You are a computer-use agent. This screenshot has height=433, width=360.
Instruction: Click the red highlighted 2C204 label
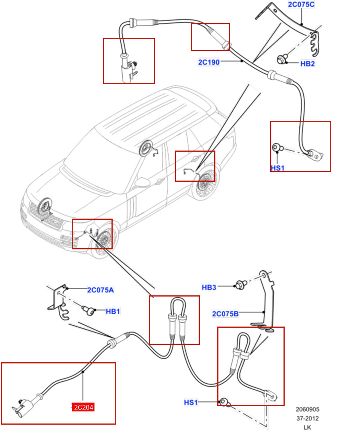click(x=83, y=408)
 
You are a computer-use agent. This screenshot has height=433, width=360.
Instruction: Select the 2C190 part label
click(x=209, y=62)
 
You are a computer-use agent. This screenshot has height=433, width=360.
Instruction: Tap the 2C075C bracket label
click(x=301, y=5)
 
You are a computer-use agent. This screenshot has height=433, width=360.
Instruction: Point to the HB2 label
click(x=307, y=64)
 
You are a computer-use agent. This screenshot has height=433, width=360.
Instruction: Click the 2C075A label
click(x=100, y=290)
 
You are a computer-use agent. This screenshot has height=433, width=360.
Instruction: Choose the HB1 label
click(x=113, y=311)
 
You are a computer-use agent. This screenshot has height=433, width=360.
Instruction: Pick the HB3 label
click(x=209, y=287)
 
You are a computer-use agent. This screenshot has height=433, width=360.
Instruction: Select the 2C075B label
click(x=225, y=314)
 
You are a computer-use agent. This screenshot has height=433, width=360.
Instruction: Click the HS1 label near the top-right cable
click(x=277, y=168)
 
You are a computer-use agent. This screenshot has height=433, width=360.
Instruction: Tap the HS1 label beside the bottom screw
click(x=191, y=402)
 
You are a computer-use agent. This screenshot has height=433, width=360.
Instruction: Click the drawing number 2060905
click(x=307, y=409)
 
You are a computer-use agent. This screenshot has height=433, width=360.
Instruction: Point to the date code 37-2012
click(x=307, y=419)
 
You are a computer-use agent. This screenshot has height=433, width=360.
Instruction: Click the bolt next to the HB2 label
click(x=282, y=59)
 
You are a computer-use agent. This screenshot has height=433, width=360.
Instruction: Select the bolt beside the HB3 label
click(x=240, y=284)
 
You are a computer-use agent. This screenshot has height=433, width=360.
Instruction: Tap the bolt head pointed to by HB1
click(x=90, y=312)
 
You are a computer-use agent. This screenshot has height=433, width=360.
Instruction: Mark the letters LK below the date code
click(x=307, y=428)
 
